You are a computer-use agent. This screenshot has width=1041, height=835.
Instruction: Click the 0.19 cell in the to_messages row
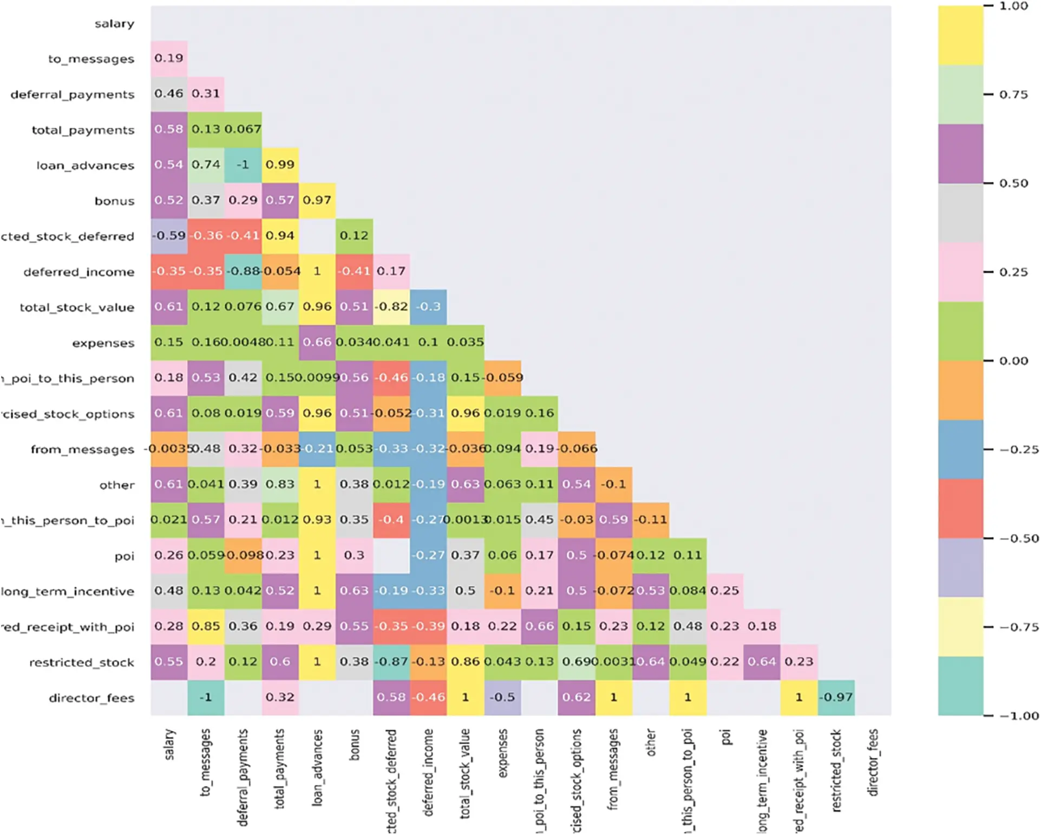point(169,58)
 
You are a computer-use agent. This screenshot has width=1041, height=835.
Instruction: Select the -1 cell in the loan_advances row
point(243,165)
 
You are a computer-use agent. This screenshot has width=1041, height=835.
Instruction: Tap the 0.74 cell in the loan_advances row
point(206,165)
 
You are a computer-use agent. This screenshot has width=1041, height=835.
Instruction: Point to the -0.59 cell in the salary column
point(169,236)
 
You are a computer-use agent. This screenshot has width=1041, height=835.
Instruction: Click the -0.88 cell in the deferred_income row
point(243,271)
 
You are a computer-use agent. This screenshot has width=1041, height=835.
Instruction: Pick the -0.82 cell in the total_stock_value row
point(391,307)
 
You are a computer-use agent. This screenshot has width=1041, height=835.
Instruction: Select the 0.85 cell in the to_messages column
point(206,626)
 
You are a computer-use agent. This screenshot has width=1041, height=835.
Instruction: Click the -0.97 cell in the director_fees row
point(836,698)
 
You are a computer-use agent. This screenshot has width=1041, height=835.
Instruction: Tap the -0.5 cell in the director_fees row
point(502,698)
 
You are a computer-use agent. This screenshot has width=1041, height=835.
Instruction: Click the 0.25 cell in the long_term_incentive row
point(725,591)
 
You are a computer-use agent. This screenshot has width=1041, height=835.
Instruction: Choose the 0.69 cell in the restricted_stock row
point(576,662)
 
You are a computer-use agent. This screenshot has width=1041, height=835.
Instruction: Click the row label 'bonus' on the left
point(114,201)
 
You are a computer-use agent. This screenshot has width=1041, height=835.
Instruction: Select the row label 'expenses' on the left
point(103,343)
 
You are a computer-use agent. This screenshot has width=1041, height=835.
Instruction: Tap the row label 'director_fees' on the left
point(91,698)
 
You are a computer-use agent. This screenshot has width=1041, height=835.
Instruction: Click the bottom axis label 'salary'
point(169,744)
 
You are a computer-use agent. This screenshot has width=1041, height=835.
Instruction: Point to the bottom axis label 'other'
point(651,742)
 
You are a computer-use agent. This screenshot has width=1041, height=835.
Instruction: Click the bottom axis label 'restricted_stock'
point(836,770)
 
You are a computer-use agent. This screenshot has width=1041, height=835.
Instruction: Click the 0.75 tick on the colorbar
point(1013,95)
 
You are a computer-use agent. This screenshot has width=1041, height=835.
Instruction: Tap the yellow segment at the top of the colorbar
point(960,35)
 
